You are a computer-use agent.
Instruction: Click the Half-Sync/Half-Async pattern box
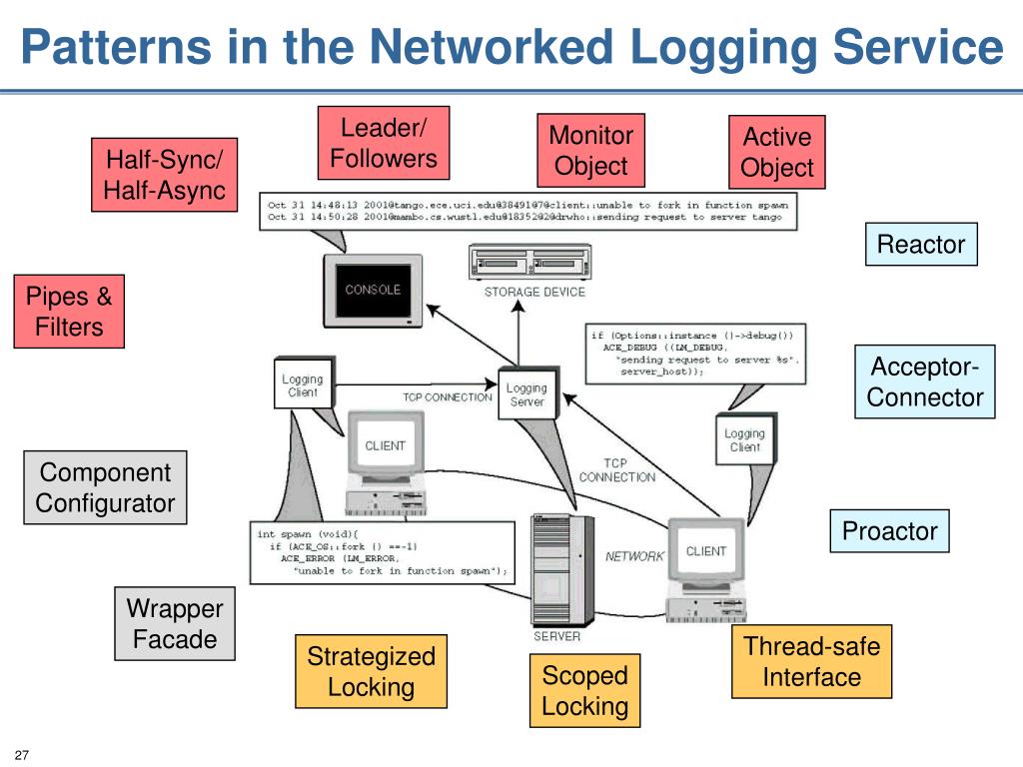point(165,175)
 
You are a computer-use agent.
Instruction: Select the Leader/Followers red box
point(384,143)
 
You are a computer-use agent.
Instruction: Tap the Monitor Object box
point(590,151)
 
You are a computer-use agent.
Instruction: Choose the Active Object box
point(777,152)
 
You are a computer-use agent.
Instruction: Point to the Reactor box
point(920,245)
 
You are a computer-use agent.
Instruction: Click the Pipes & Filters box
point(69,312)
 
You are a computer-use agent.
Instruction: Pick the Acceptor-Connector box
point(925,383)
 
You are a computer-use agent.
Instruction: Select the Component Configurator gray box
point(105,487)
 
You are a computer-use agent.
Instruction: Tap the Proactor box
point(889,531)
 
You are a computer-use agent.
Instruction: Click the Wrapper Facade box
point(175,624)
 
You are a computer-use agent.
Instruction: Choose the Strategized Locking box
point(371,671)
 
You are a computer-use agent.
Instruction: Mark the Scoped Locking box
point(584,691)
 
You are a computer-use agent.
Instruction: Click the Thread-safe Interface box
point(811,662)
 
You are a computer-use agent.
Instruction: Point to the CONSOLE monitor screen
point(373,290)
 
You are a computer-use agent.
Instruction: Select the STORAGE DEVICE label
point(534,292)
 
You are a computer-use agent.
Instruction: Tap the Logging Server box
point(526,394)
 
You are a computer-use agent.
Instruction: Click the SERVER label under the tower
point(555,636)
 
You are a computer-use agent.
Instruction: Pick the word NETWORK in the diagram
point(634,556)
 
